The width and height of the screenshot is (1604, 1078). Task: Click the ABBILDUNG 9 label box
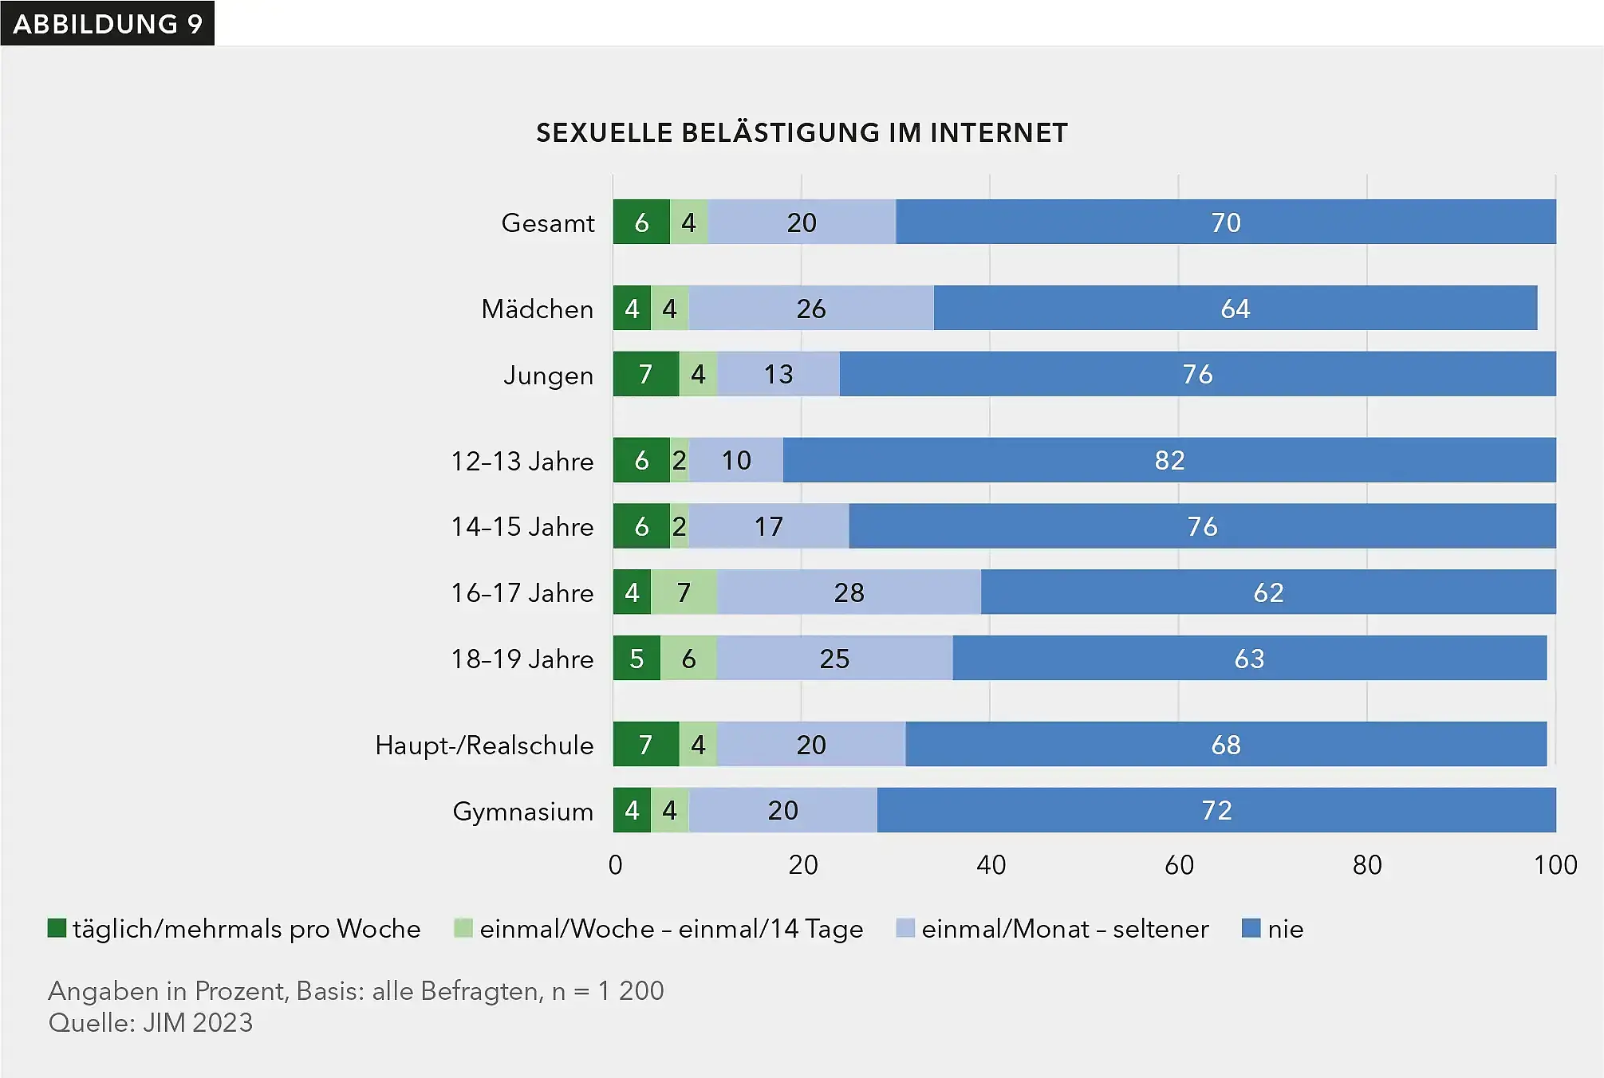(107, 23)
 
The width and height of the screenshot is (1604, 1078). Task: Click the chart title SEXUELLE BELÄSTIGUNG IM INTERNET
(802, 132)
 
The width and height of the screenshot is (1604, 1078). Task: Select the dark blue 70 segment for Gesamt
(1225, 222)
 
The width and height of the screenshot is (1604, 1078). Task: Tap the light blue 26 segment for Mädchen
(810, 309)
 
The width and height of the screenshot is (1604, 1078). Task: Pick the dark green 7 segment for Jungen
(645, 374)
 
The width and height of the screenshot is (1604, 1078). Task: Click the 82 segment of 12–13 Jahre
(1169, 460)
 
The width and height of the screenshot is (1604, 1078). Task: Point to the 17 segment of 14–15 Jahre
(768, 526)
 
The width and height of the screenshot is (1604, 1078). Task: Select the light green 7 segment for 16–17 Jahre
(684, 592)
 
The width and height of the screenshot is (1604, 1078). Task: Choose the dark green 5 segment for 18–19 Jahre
(636, 659)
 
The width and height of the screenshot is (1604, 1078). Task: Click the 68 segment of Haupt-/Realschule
(1225, 745)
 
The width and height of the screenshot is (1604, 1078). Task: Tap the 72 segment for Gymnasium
(1216, 810)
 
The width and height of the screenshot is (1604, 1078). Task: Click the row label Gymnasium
(522, 811)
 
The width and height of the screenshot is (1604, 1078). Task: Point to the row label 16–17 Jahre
(522, 592)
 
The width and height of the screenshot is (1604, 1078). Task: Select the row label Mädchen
(537, 309)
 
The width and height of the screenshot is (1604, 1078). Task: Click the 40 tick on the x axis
(991, 865)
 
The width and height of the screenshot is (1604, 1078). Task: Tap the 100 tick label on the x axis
(1555, 865)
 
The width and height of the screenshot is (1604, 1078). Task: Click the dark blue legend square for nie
(1251, 928)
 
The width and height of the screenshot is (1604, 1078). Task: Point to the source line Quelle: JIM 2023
(151, 1023)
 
